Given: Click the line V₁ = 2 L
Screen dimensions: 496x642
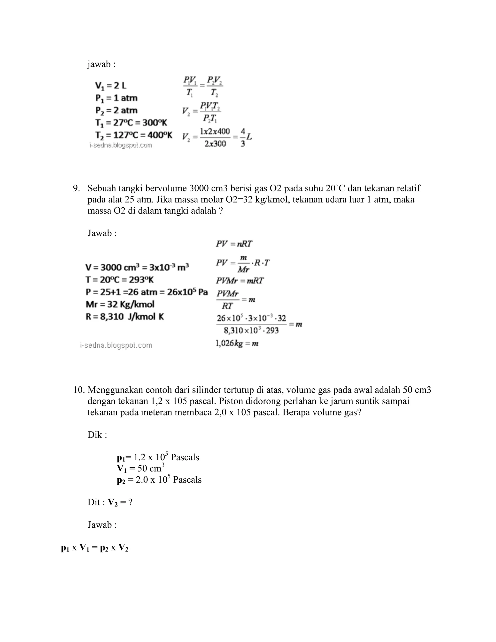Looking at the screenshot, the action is [x=110, y=86].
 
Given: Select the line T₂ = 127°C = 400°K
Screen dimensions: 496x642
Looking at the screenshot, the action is [x=134, y=135].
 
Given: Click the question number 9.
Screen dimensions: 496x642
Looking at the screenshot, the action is [x=76, y=188].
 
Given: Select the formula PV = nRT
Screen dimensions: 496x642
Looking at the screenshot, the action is [x=234, y=244].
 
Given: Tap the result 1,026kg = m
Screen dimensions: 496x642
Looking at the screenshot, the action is [x=237, y=343].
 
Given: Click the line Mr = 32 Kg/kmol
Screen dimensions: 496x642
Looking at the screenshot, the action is [x=120, y=304].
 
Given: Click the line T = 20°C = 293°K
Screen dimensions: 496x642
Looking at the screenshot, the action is [x=120, y=280].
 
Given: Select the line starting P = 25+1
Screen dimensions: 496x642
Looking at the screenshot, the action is [x=146, y=292].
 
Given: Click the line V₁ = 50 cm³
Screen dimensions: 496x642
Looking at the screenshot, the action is [x=140, y=468].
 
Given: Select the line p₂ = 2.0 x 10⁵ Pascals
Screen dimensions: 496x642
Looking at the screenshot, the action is [x=159, y=479].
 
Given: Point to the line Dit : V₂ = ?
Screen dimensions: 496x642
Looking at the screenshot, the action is [x=110, y=502].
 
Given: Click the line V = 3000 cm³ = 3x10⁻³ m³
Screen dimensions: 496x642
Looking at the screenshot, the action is [x=137, y=267].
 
